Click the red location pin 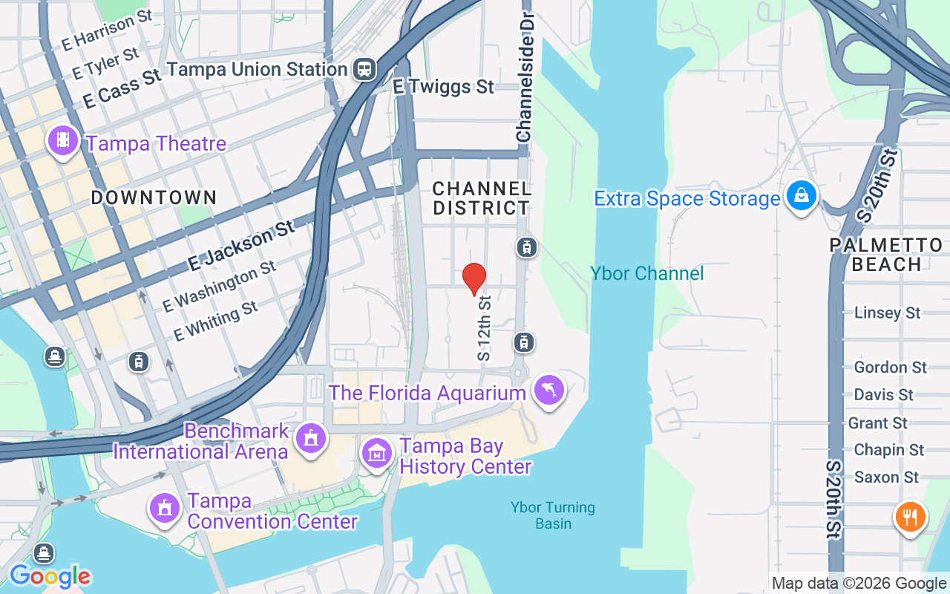coord(474,279)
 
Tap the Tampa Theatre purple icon coord(63,140)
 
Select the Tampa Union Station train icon coord(364,69)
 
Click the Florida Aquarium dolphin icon coord(549,390)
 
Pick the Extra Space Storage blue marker coord(801,196)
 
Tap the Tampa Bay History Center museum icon coord(377,452)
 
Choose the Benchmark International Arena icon coord(310,438)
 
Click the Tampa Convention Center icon coord(164,509)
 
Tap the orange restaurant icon coord(910,516)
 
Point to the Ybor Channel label coord(647,273)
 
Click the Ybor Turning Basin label coord(553,515)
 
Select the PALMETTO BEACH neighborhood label coord(886,255)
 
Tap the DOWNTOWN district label coord(154,198)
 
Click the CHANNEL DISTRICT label coord(482,198)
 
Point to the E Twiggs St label coord(443,87)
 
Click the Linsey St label coord(887,313)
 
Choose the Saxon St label coord(886,477)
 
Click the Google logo coord(50,576)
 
